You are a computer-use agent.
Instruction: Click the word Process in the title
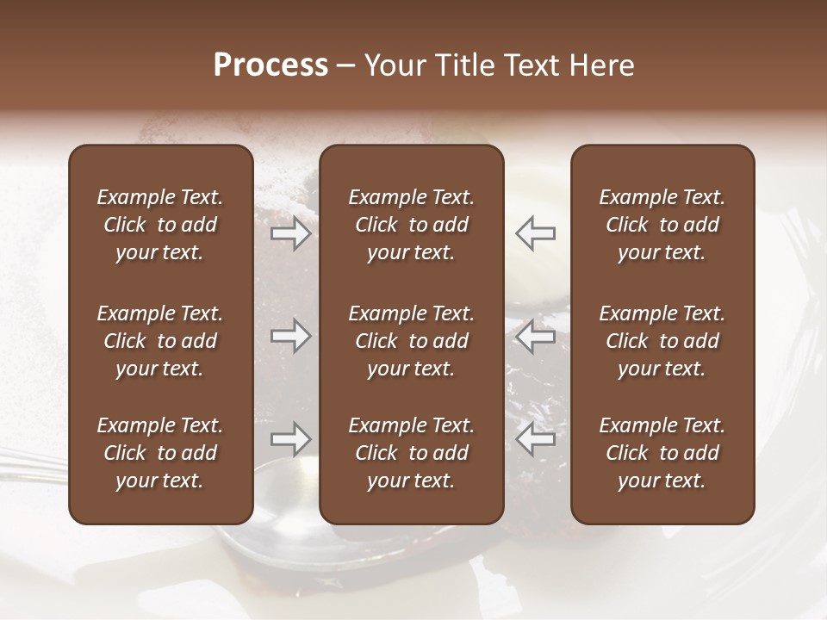pos(270,65)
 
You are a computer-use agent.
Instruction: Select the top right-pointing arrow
pos(291,232)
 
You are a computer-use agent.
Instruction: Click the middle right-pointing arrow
pos(291,336)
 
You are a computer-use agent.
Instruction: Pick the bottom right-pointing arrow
pos(291,439)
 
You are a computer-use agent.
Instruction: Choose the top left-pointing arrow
pos(535,232)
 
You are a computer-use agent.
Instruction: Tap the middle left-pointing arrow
pos(535,336)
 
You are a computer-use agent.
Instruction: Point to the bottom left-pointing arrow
pos(535,439)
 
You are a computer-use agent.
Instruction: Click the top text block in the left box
pos(160,225)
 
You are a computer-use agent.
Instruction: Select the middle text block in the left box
pos(160,341)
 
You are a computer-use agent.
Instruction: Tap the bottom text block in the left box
pos(160,453)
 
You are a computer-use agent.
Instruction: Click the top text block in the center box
pos(411,225)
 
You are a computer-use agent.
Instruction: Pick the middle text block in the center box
pos(411,341)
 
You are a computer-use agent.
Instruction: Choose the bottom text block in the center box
pos(411,453)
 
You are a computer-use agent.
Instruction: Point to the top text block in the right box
pos(662,225)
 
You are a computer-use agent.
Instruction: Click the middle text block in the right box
pos(662,341)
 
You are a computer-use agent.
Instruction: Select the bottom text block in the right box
pos(662,453)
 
